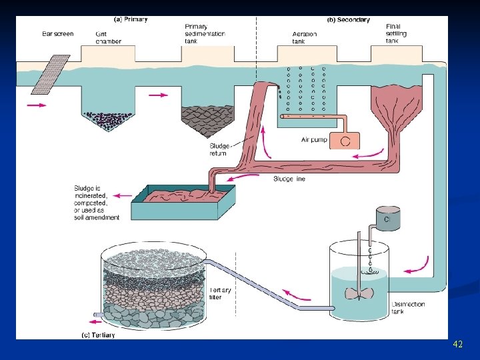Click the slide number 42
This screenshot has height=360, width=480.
click(x=457, y=344)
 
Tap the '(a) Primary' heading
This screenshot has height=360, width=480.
click(x=131, y=19)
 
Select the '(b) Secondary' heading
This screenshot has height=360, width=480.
click(x=348, y=20)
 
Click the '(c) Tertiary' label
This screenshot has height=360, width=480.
click(x=98, y=335)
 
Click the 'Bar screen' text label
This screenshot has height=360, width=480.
click(x=57, y=33)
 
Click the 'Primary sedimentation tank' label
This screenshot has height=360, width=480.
click(x=205, y=33)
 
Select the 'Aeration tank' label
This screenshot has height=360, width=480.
click(x=305, y=37)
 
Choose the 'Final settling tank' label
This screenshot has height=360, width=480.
click(x=396, y=33)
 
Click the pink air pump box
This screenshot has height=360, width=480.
click(x=345, y=140)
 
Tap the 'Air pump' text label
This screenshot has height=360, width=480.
click(x=315, y=140)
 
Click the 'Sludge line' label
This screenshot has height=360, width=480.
click(x=289, y=179)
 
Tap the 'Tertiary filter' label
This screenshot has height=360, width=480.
click(x=221, y=293)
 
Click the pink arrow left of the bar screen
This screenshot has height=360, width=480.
click(x=37, y=105)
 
